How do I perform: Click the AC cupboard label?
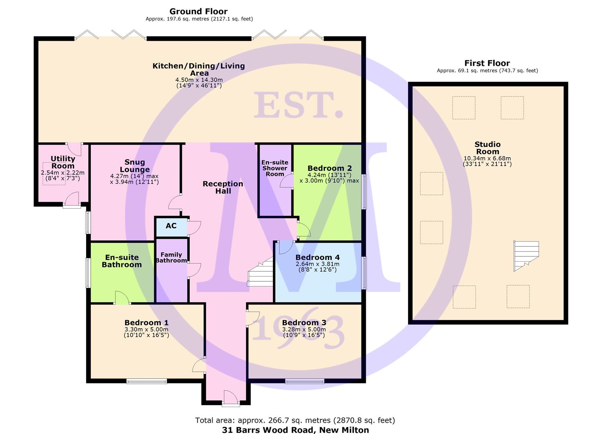pyautogui.click(x=171, y=226)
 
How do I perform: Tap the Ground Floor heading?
pyautogui.click(x=199, y=12)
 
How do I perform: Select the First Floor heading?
pyautogui.click(x=487, y=63)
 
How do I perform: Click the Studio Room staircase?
pyautogui.click(x=526, y=256)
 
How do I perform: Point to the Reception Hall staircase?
pyautogui.click(x=261, y=272)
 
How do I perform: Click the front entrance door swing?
pyautogui.click(x=230, y=397)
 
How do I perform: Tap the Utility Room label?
pyautogui.click(x=63, y=162)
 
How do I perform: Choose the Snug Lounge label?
pyautogui.click(x=135, y=166)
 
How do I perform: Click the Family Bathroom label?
pyautogui.click(x=171, y=258)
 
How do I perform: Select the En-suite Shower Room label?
pyautogui.click(x=275, y=168)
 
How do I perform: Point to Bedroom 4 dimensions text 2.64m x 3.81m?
pyautogui.click(x=318, y=264)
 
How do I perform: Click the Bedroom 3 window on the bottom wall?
pyautogui.click(x=305, y=381)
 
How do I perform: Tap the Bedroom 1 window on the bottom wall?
pyautogui.click(x=147, y=381)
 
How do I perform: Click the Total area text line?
pyautogui.click(x=295, y=420)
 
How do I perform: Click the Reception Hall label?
pyautogui.click(x=223, y=187)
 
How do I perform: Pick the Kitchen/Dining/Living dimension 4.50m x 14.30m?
pyautogui.click(x=199, y=80)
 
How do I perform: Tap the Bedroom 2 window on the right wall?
pyautogui.click(x=364, y=192)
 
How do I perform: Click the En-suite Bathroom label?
pyautogui.click(x=122, y=261)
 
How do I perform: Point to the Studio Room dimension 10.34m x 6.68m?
pyautogui.click(x=487, y=158)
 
